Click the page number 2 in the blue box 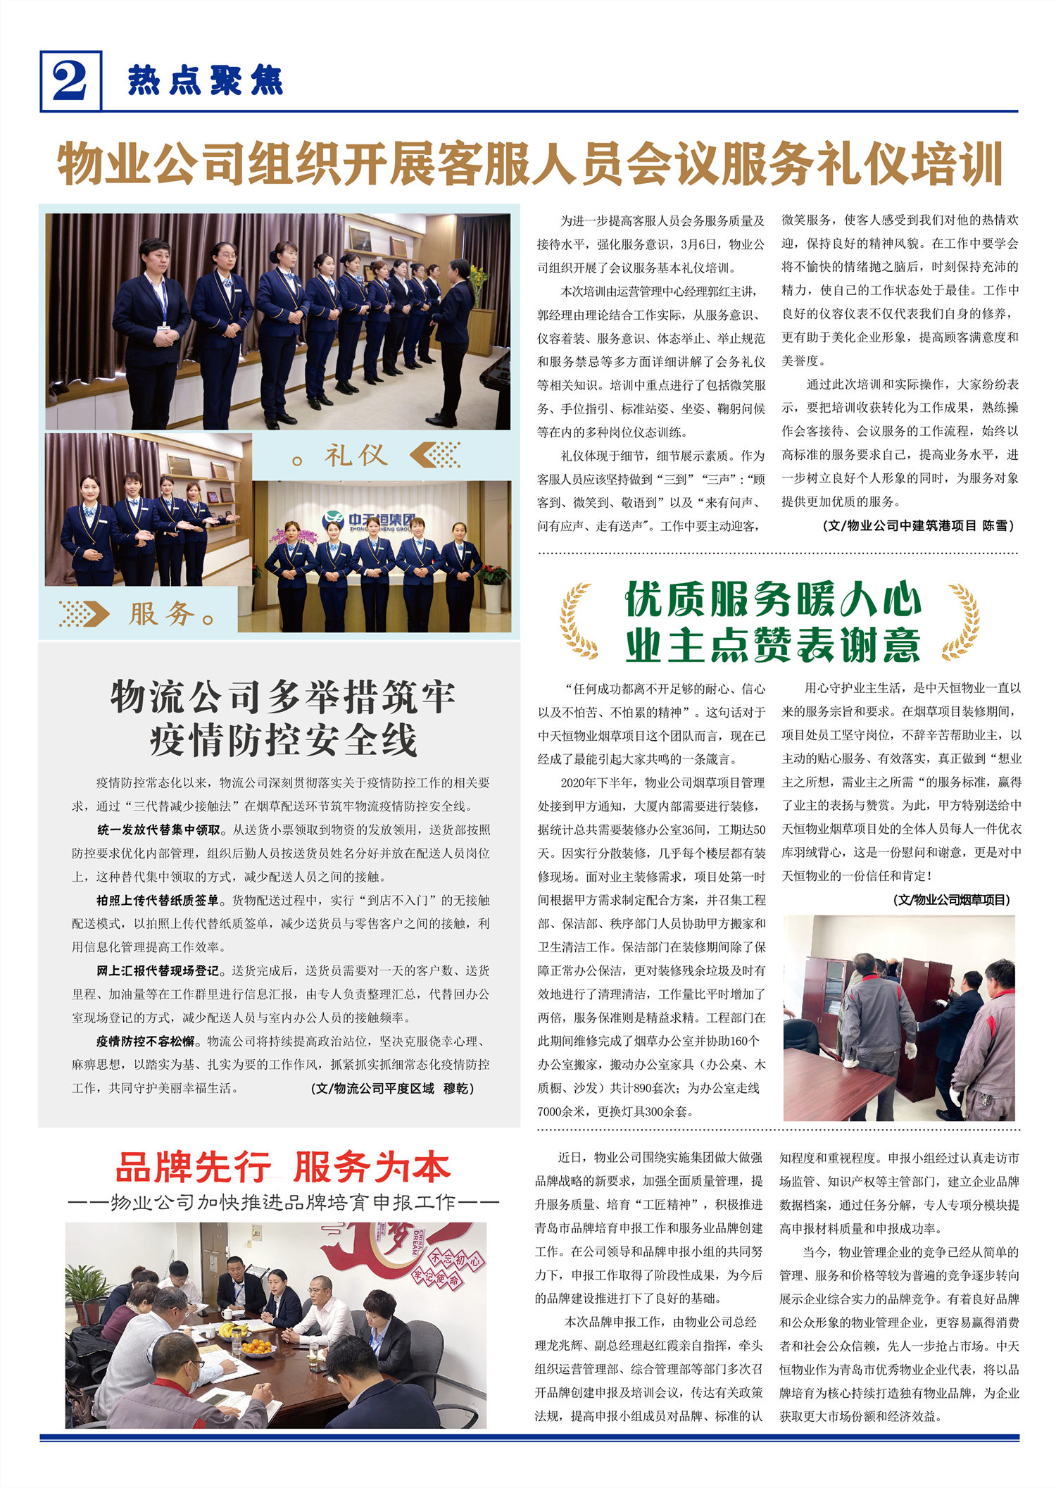point(70,81)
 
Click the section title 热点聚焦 point(205,81)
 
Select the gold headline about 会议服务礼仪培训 point(529,163)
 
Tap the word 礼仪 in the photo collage point(356,455)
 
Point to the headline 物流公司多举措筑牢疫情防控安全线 point(282,718)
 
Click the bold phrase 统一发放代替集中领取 point(158,830)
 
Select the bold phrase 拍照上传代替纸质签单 point(158,900)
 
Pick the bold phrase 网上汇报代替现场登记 point(158,970)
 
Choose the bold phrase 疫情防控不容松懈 point(146,1041)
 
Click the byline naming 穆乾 point(393,1088)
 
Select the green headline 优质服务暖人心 point(773,600)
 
